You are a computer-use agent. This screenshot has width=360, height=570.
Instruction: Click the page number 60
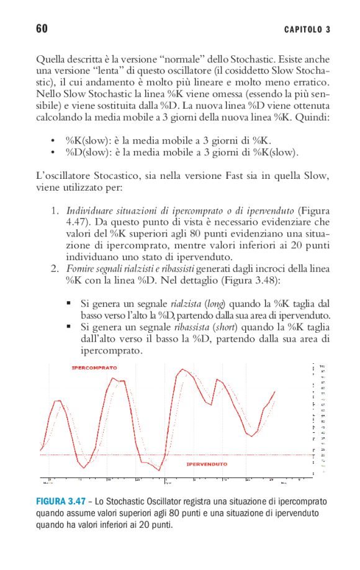[x=42, y=29]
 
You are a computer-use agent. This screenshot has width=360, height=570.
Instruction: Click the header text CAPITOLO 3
[x=307, y=30]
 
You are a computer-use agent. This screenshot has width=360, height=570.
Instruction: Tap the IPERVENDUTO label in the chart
[x=207, y=464]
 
